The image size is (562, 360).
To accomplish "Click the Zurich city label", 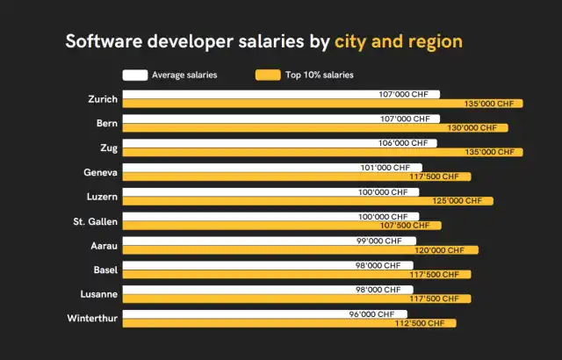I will tap(103, 98).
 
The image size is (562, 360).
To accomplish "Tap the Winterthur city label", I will tap(92, 318).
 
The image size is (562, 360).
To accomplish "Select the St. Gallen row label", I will tap(95, 220).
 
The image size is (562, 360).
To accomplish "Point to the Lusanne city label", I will tap(98, 293).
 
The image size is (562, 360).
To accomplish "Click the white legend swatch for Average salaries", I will tap(134, 75).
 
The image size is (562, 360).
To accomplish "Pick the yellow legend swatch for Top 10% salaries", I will tap(267, 75).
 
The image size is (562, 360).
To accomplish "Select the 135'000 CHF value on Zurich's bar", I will tap(489, 104).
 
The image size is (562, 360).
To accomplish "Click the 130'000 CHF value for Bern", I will tap(473, 128).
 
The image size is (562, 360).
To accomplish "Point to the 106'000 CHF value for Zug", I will tap(403, 142).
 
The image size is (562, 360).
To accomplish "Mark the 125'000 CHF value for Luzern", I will tap(458, 201).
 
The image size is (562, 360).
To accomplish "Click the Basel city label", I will tap(105, 269).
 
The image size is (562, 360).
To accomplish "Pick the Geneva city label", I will tap(100, 172).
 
